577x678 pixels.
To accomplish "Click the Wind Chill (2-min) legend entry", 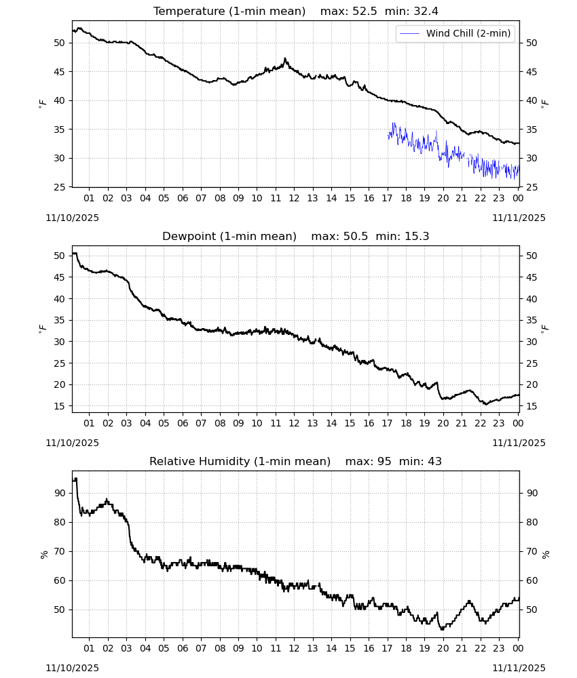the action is pos(455,33).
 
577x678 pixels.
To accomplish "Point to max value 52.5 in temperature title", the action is pos(365,11).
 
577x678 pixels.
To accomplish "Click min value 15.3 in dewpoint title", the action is pos(417,236).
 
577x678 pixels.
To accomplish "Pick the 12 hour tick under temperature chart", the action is pos(294,198).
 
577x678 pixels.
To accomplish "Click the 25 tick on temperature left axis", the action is pos(60,187).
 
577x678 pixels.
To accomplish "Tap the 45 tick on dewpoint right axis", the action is pos(532,277).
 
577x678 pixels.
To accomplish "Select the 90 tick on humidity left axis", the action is pos(60,493).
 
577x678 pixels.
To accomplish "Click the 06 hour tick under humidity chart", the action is pos(183,648).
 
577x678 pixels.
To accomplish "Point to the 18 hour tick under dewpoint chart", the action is pos(406,423).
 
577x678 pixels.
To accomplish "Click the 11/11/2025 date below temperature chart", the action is pos(519,218).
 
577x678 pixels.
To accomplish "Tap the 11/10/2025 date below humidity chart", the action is pos(72,668).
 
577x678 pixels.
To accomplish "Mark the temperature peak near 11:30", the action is pos(285,58).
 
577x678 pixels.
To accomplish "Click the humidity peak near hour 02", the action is pos(107,500).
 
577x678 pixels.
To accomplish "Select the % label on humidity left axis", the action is pos(43,555).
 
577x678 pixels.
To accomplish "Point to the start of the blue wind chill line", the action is pos(388,136).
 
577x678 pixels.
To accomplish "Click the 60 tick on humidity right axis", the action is pos(532,581).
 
